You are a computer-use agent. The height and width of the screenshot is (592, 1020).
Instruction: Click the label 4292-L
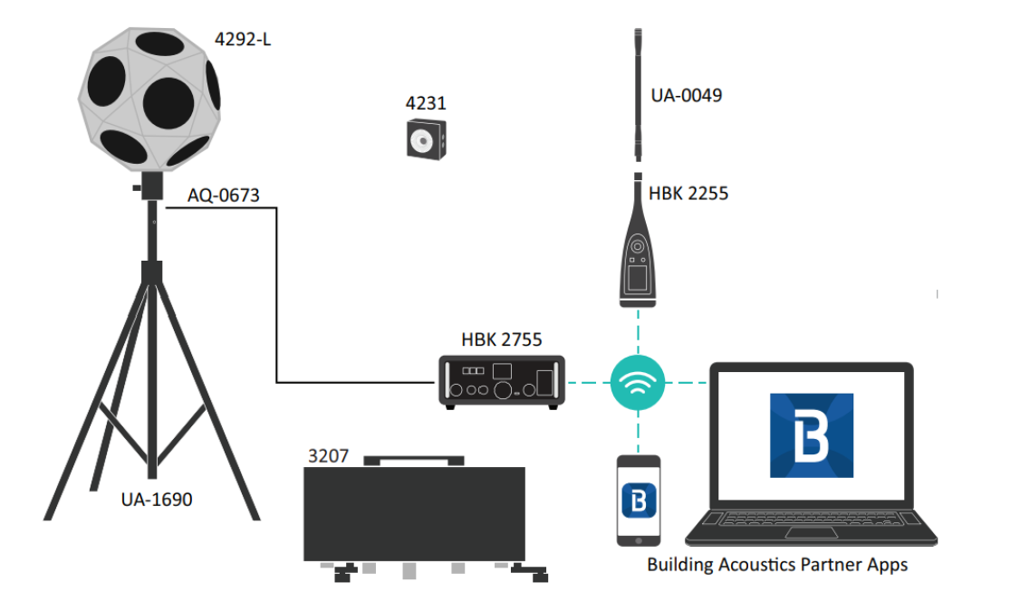pyautogui.click(x=243, y=40)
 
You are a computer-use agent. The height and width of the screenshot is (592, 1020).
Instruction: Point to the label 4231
pyautogui.click(x=425, y=103)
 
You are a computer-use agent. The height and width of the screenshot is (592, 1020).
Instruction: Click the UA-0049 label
pyautogui.click(x=687, y=95)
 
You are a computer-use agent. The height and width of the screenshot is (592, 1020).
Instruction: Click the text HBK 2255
pyautogui.click(x=688, y=193)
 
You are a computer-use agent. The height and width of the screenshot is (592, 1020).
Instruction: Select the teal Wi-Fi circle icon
pyautogui.click(x=638, y=382)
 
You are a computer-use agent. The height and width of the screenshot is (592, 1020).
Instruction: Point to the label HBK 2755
pyautogui.click(x=501, y=340)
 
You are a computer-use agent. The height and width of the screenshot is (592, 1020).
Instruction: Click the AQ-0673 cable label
pyautogui.click(x=224, y=196)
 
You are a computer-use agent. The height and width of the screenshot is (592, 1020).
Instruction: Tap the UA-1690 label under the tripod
pyautogui.click(x=157, y=499)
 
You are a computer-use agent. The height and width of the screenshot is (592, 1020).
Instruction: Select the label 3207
pyautogui.click(x=328, y=456)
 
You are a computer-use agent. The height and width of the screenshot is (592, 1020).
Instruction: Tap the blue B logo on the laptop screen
pyautogui.click(x=811, y=435)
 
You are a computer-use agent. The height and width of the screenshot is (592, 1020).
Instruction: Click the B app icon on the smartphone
pyautogui.click(x=640, y=501)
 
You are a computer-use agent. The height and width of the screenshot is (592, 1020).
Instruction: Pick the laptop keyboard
pyautogui.click(x=810, y=523)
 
